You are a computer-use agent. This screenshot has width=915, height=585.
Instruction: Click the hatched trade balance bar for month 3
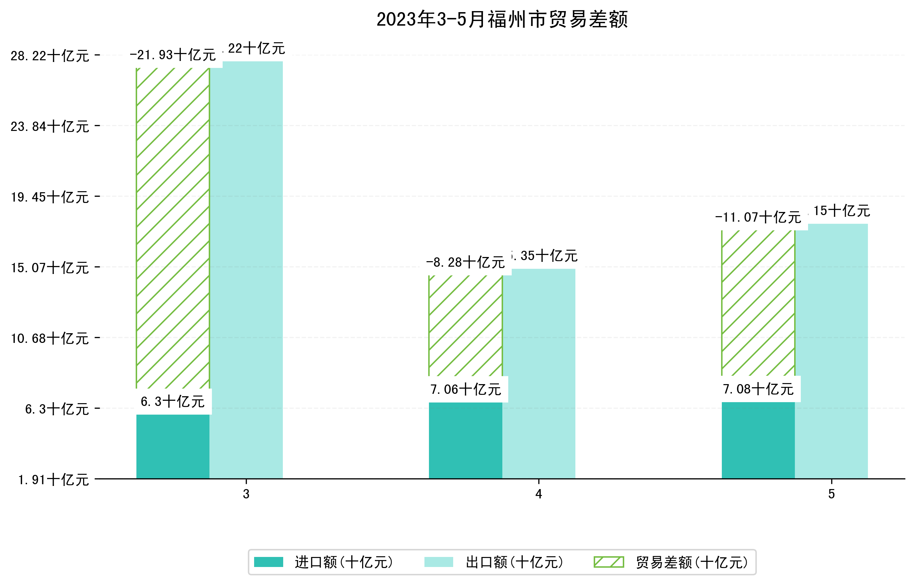tap(173, 228)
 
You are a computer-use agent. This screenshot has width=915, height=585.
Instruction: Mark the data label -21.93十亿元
tap(173, 55)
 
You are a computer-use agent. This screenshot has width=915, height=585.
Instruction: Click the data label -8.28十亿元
tap(466, 262)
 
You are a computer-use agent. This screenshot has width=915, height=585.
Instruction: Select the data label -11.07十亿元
tap(758, 218)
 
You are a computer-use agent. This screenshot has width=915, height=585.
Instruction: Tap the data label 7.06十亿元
tap(466, 389)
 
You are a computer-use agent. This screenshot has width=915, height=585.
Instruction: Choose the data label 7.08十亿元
tap(758, 389)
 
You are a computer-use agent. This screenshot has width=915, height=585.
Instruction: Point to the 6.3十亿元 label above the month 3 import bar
tap(173, 401)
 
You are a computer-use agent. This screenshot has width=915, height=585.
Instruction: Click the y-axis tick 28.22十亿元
tap(50, 56)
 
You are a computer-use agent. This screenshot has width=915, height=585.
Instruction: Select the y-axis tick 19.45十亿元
tap(50, 197)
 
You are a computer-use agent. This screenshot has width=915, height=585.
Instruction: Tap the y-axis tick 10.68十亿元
tap(50, 338)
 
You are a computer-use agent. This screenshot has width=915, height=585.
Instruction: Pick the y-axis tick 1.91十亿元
tap(54, 480)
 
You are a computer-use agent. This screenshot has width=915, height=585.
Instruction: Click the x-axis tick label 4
tap(538, 494)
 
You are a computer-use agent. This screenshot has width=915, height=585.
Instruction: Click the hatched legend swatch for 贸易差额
tap(609, 562)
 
